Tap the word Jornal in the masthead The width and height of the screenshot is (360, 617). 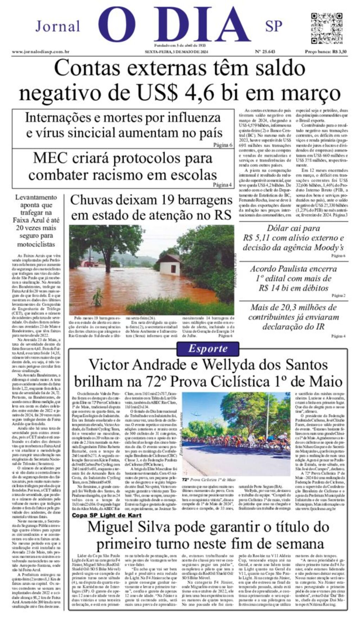pyautogui.click(x=58, y=26)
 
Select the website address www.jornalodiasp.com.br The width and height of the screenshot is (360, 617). pyautogui.click(x=40, y=52)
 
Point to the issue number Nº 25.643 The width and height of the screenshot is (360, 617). pyautogui.click(x=265, y=52)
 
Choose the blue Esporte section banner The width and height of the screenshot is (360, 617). pyautogui.click(x=208, y=349)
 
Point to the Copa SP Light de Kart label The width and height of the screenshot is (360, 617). pyautogui.click(x=107, y=515)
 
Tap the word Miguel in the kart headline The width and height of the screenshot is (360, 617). pyautogui.click(x=108, y=527)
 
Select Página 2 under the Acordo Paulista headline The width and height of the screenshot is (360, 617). pyautogui.click(x=339, y=295)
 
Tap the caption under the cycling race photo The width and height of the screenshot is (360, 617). pyautogui.click(x=208, y=480)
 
